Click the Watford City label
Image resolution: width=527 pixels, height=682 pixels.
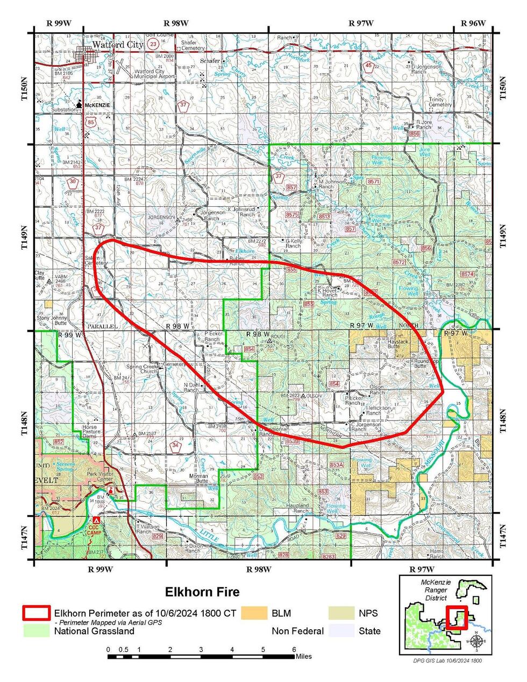click(117, 45)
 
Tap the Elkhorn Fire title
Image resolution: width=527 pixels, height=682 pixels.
click(202, 592)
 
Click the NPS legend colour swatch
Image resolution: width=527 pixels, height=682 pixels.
click(341, 613)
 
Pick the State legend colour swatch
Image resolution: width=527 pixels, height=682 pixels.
click(341, 630)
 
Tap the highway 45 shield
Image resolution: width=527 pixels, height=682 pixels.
click(368, 66)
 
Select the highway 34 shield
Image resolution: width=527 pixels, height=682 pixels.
click(175, 445)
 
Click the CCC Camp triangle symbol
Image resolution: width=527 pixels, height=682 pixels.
click(96, 521)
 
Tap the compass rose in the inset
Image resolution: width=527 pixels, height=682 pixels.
click(476, 641)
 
